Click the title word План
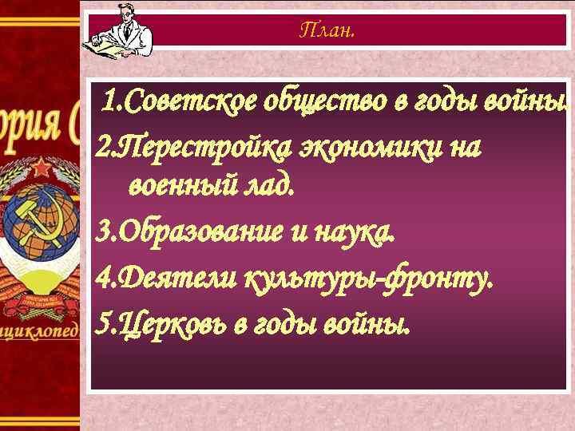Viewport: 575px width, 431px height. click(x=327, y=31)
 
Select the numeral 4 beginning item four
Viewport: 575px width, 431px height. click(x=101, y=279)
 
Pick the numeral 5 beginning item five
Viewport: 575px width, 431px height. click(x=101, y=325)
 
